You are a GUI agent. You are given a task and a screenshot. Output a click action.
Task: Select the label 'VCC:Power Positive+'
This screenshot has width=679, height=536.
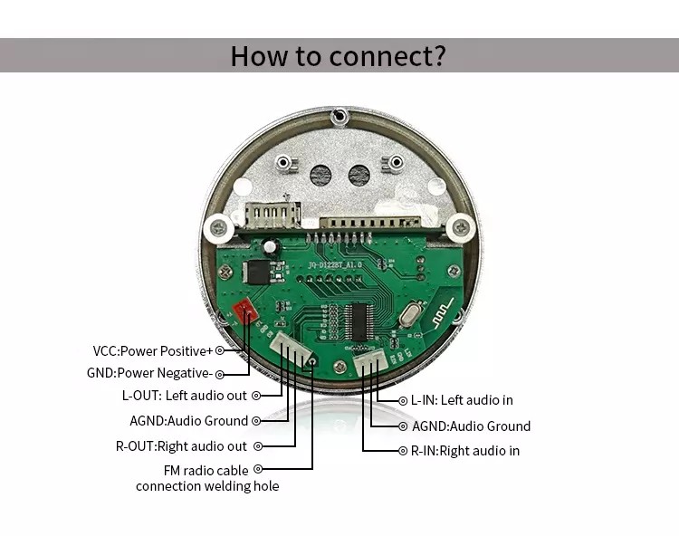pyautogui.click(x=152, y=350)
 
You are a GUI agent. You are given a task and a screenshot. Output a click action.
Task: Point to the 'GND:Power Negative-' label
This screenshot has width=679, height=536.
pyautogui.click(x=152, y=373)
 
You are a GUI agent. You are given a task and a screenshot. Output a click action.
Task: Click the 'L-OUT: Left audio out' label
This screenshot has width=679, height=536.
pyautogui.click(x=185, y=396)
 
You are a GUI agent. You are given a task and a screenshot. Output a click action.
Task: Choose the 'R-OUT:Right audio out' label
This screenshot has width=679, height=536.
pyautogui.click(x=181, y=446)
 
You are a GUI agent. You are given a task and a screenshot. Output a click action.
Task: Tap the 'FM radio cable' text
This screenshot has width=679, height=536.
pyautogui.click(x=206, y=470)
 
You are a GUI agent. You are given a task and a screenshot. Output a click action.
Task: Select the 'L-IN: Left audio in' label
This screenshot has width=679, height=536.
pyautogui.click(x=462, y=400)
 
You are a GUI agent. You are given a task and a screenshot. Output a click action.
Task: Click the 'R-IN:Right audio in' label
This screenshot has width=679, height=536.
pyautogui.click(x=465, y=451)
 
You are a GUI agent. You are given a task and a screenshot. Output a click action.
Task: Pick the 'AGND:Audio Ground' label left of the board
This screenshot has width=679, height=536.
pyautogui.click(x=188, y=420)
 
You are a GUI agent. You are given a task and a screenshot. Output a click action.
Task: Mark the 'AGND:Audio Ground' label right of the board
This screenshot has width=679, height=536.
pyautogui.click(x=471, y=426)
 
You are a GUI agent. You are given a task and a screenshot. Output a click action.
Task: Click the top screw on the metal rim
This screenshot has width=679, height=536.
pyautogui.click(x=339, y=116)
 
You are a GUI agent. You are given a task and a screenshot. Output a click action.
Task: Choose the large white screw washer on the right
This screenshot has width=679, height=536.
pyautogui.click(x=462, y=227)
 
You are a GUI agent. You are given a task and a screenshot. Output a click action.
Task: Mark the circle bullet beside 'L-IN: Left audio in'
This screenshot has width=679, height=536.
pyautogui.click(x=403, y=400)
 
